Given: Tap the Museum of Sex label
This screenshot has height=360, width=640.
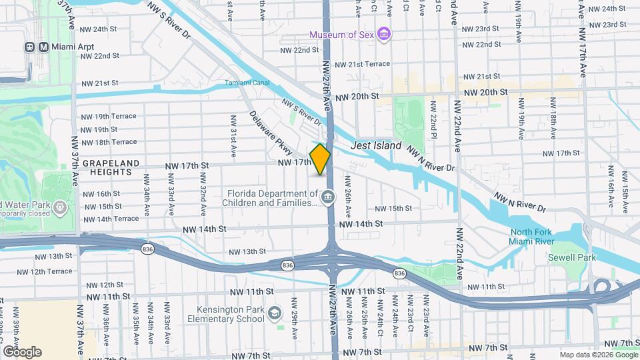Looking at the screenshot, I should (x=341, y=34).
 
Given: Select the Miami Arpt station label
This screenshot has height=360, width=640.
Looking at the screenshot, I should (x=67, y=47).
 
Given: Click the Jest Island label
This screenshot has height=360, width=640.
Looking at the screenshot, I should (x=377, y=145).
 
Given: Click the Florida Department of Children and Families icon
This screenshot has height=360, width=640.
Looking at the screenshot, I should (x=328, y=196).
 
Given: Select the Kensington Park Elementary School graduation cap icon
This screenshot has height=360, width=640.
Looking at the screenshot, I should (x=274, y=313).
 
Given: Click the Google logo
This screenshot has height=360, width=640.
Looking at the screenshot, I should (x=21, y=351).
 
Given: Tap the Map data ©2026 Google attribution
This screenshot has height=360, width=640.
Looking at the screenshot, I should (x=597, y=355).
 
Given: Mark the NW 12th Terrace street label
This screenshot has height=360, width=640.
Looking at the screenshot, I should (x=50, y=271).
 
